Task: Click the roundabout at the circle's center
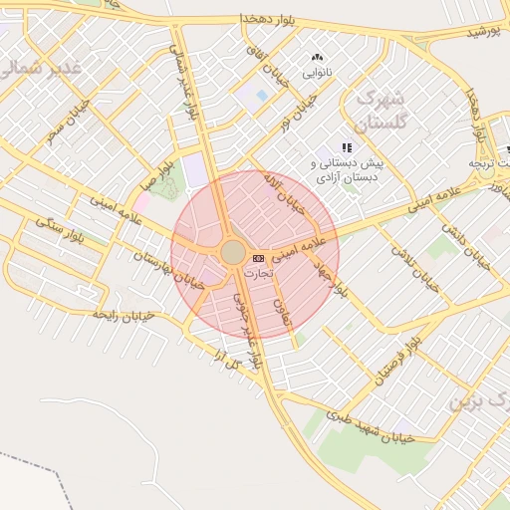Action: point(233,252)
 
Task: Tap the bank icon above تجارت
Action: point(259,258)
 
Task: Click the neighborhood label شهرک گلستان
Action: point(380,111)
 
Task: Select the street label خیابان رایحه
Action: point(123,314)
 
